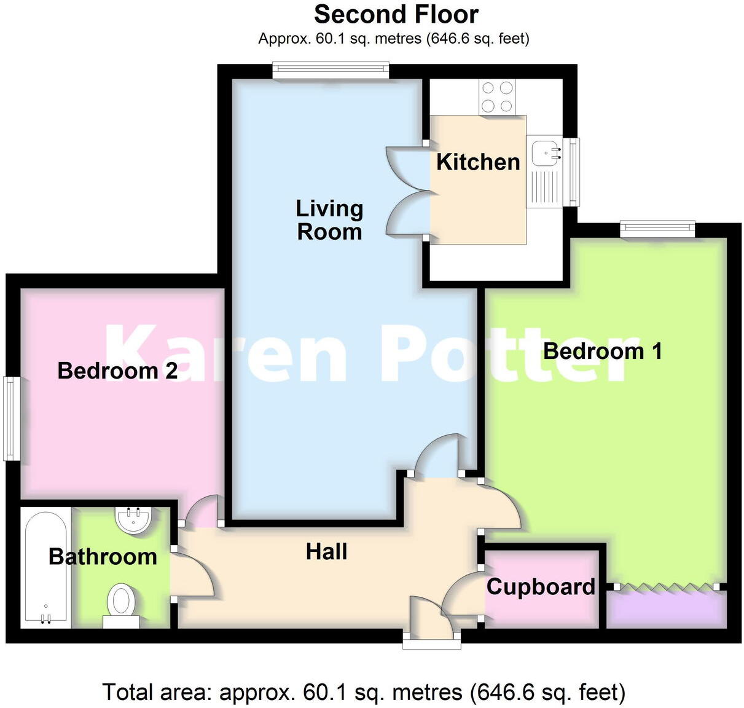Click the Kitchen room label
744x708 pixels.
click(x=478, y=162)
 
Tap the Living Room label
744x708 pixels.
click(x=329, y=220)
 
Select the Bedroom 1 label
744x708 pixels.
click(x=603, y=351)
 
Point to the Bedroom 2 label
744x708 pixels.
click(x=117, y=371)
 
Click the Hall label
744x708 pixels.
click(x=327, y=552)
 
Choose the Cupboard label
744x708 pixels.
click(x=541, y=587)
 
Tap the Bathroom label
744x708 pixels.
click(x=103, y=557)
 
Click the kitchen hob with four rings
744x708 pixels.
click(x=497, y=97)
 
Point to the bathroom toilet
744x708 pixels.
click(x=121, y=603)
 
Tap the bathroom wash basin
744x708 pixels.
click(x=133, y=520)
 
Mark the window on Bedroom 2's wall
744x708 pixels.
click(x=10, y=418)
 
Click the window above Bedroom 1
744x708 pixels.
click(x=657, y=229)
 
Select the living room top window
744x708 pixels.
click(x=331, y=70)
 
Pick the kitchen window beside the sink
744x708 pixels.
click(x=573, y=171)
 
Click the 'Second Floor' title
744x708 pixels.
click(x=396, y=14)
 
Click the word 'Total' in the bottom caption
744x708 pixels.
click(x=127, y=693)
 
